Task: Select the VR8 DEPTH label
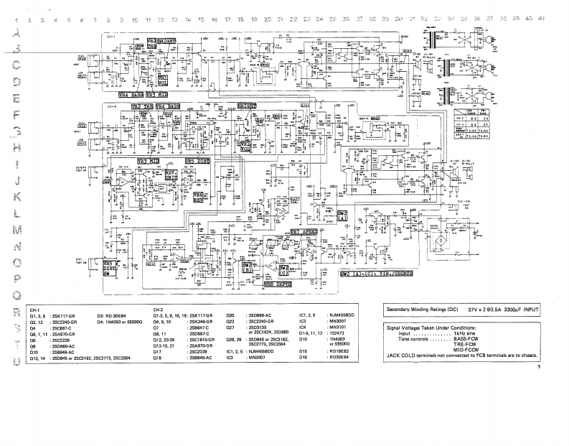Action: click(278, 284)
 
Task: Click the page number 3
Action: click(537, 368)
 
